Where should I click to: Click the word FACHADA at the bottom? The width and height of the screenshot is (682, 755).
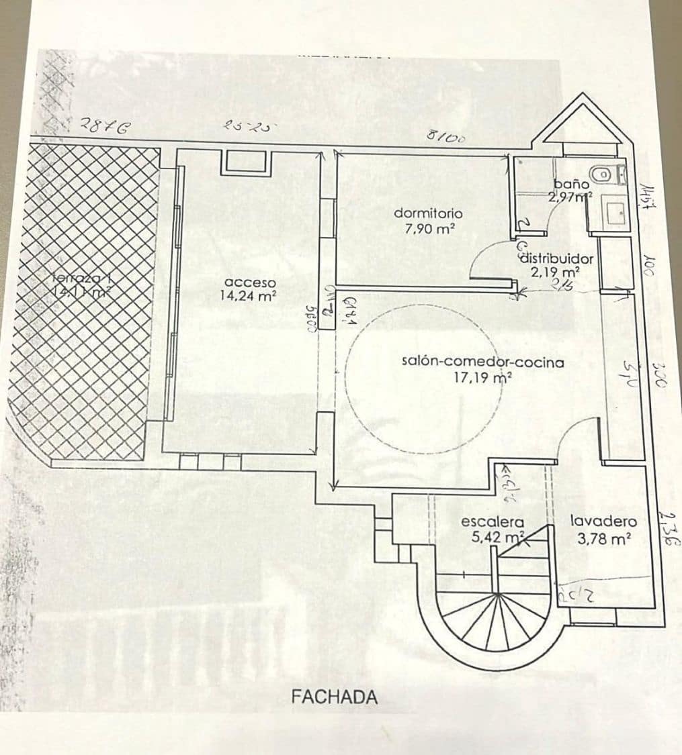334,697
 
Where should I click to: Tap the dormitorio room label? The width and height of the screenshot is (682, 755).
428,213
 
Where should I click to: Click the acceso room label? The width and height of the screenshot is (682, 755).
250,282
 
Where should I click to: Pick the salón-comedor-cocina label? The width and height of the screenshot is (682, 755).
482,362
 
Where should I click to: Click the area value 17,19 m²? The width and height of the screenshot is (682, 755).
483,378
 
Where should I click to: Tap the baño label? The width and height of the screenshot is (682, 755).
571,184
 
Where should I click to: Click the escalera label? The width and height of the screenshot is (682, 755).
492,522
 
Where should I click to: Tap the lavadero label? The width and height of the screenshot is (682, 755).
603,521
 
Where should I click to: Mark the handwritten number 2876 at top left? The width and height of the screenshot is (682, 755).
104,125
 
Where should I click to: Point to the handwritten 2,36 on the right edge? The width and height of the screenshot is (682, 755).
667,527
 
